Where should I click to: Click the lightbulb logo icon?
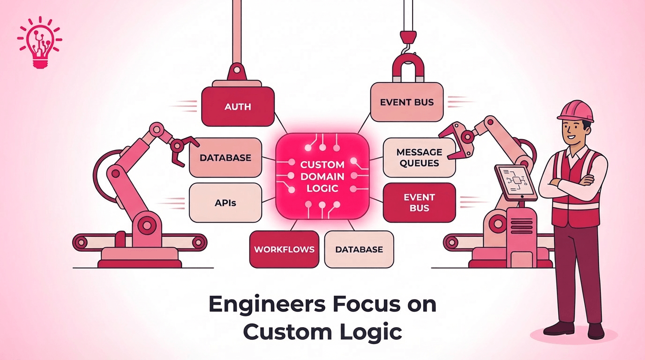(x=39, y=43)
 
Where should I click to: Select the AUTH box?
(x=238, y=106)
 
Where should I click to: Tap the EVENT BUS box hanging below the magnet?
(x=406, y=102)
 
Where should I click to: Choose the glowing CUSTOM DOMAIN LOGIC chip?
(x=322, y=176)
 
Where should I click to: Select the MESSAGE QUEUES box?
(x=419, y=157)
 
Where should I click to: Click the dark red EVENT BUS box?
(x=419, y=202)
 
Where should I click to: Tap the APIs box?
(x=225, y=202)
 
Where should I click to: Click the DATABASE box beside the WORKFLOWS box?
(x=359, y=249)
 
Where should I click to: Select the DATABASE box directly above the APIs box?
(x=225, y=157)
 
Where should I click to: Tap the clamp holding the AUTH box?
(x=237, y=75)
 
